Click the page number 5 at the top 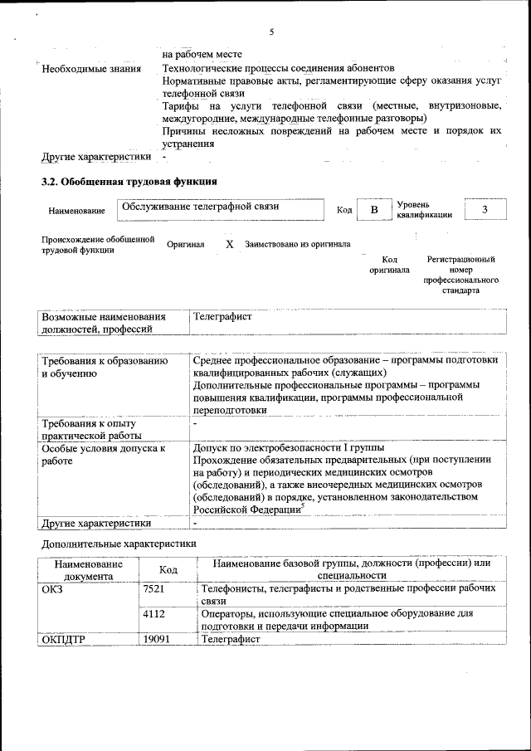[x=271, y=32]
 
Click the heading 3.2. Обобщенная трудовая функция [x=129, y=181]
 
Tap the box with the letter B [x=373, y=210]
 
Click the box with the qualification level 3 [x=485, y=210]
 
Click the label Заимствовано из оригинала [x=297, y=245]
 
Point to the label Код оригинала [x=389, y=265]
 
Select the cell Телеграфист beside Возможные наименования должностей [x=222, y=317]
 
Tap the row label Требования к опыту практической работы [x=91, y=429]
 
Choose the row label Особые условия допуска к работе [x=98, y=454]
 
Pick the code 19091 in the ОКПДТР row [x=157, y=640]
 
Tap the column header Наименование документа [x=89, y=569]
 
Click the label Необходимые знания [x=86, y=68]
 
